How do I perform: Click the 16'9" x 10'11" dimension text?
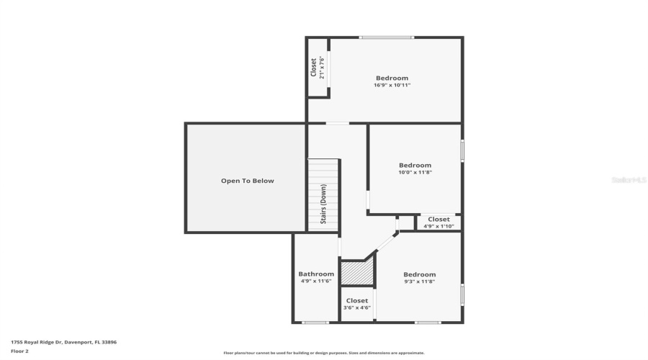click(x=392, y=86)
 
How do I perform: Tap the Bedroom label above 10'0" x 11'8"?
click(x=415, y=165)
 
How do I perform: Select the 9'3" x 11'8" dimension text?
click(x=419, y=282)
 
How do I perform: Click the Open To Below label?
click(x=247, y=181)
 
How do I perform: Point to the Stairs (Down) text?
click(x=324, y=205)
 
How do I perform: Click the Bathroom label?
click(x=316, y=274)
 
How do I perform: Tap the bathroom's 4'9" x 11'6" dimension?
click(x=316, y=282)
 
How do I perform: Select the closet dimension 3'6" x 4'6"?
click(x=357, y=307)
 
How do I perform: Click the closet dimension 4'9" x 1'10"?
click(x=438, y=226)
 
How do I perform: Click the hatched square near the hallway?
click(x=356, y=274)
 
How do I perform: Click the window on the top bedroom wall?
click(x=387, y=37)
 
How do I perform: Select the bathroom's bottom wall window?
click(x=315, y=322)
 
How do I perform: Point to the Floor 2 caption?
click(x=19, y=351)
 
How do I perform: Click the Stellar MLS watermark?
click(x=629, y=179)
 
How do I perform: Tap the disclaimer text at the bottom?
click(x=323, y=353)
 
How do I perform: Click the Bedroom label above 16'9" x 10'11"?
click(x=392, y=78)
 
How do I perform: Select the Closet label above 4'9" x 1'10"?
click(x=438, y=219)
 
